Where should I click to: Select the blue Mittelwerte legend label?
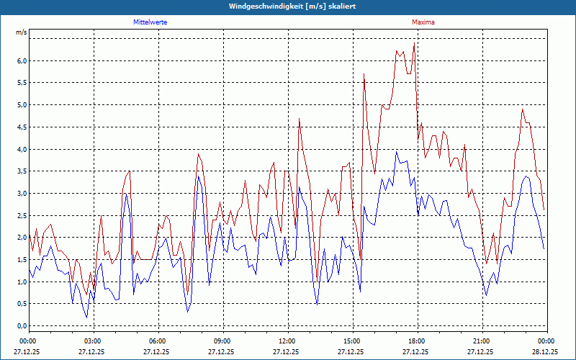151,22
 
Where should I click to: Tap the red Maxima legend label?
423,22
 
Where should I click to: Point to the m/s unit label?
21,33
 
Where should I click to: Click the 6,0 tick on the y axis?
21,61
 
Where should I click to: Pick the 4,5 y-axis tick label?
21,127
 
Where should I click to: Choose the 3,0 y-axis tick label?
21,194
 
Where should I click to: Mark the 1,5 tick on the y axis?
21,260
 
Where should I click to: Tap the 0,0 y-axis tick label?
21,326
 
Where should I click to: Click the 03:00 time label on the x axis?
93,341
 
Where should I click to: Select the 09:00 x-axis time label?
222,341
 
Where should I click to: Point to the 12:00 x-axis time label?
287,341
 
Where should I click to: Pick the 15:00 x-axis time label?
352,341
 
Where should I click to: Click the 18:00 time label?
417,341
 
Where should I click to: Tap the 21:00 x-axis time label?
482,341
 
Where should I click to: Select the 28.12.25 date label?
545,352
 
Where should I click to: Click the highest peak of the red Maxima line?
414,45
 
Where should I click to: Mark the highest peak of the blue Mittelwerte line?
396,152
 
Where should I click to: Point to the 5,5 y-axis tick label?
21,84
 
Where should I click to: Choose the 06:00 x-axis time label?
158,341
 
